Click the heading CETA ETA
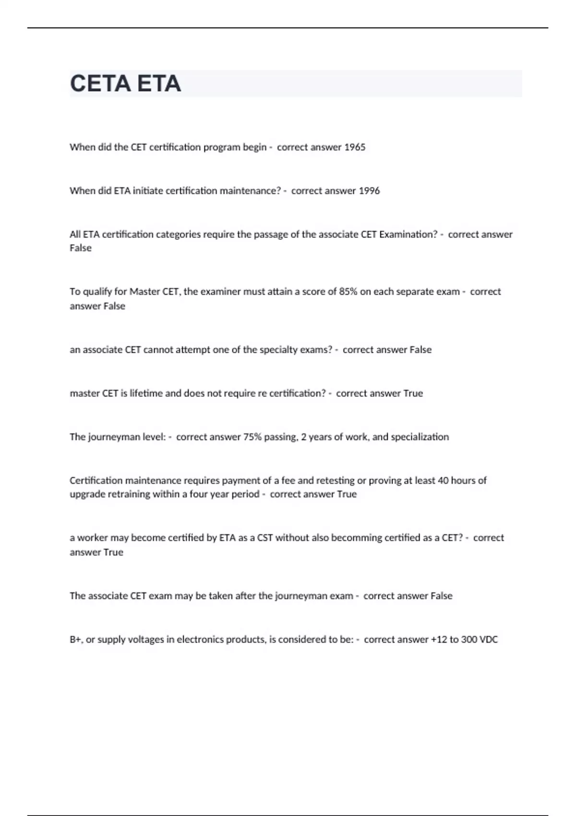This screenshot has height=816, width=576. (125, 84)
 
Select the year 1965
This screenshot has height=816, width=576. (355, 147)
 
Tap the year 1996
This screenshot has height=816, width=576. (369, 191)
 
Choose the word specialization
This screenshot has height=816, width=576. (420, 437)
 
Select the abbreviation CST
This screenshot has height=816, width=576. (265, 538)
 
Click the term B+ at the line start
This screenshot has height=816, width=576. (75, 640)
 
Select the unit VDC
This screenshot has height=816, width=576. (488, 640)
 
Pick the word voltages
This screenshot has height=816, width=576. (146, 640)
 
